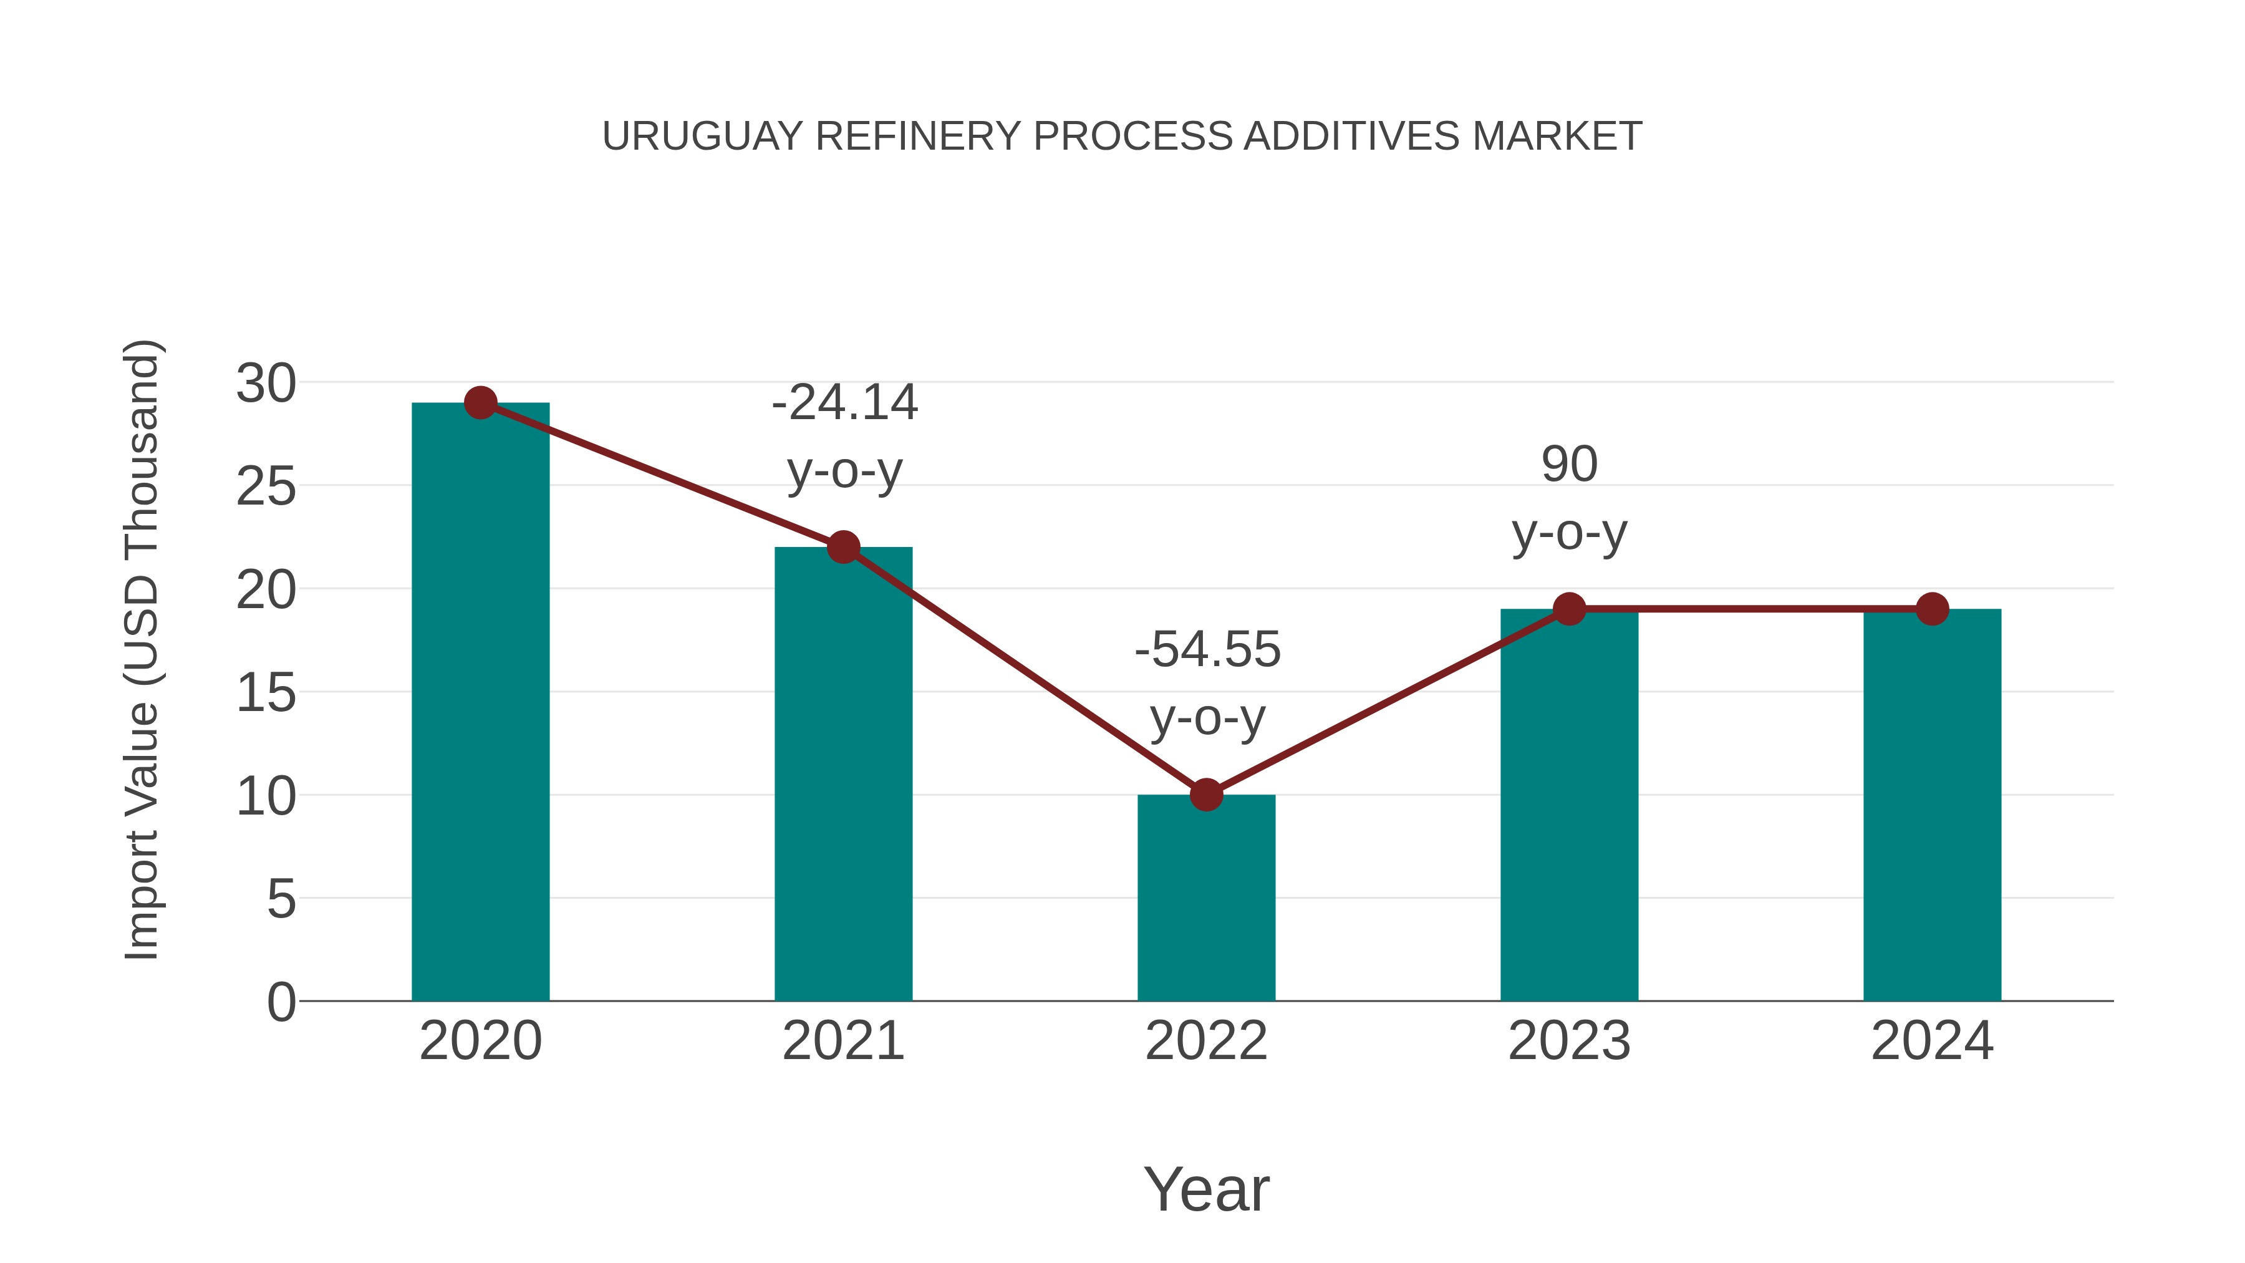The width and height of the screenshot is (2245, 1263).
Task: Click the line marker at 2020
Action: (480, 403)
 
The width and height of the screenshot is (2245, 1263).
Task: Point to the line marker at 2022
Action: (1206, 795)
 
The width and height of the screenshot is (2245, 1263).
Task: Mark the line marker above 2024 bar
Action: (1932, 609)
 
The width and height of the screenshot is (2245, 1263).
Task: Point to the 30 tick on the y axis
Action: (266, 384)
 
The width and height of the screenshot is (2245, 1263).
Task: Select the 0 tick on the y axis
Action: (281, 1002)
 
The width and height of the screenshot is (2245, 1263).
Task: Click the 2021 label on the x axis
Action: (842, 1042)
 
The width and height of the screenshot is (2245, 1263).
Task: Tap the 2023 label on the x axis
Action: (1569, 1042)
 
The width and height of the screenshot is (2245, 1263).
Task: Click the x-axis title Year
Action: (1206, 1190)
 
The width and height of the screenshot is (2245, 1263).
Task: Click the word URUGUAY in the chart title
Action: (702, 137)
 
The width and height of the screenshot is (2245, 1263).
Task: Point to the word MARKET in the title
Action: (1557, 137)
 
